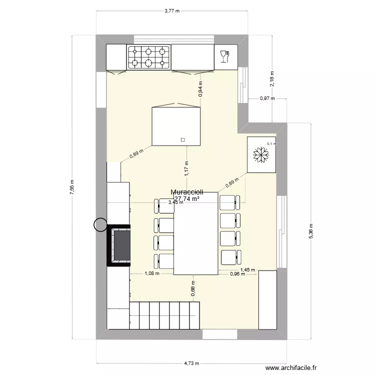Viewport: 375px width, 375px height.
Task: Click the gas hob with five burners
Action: [x=148, y=56]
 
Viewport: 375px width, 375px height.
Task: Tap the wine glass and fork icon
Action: [x=224, y=56]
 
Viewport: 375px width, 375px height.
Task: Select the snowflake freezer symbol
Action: [x=260, y=154]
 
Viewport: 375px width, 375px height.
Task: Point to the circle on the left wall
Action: [x=101, y=225]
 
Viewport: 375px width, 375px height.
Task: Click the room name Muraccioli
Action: [x=187, y=192]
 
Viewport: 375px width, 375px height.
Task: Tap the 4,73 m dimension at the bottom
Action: [x=190, y=363]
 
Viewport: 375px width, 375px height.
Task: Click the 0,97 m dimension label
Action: [x=267, y=98]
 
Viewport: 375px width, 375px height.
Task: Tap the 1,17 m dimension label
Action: [x=186, y=168]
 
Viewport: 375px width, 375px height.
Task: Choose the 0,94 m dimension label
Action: [x=200, y=88]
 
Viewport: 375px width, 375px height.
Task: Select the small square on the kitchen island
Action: [x=182, y=139]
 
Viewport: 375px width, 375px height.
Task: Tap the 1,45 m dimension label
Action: [x=247, y=270]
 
